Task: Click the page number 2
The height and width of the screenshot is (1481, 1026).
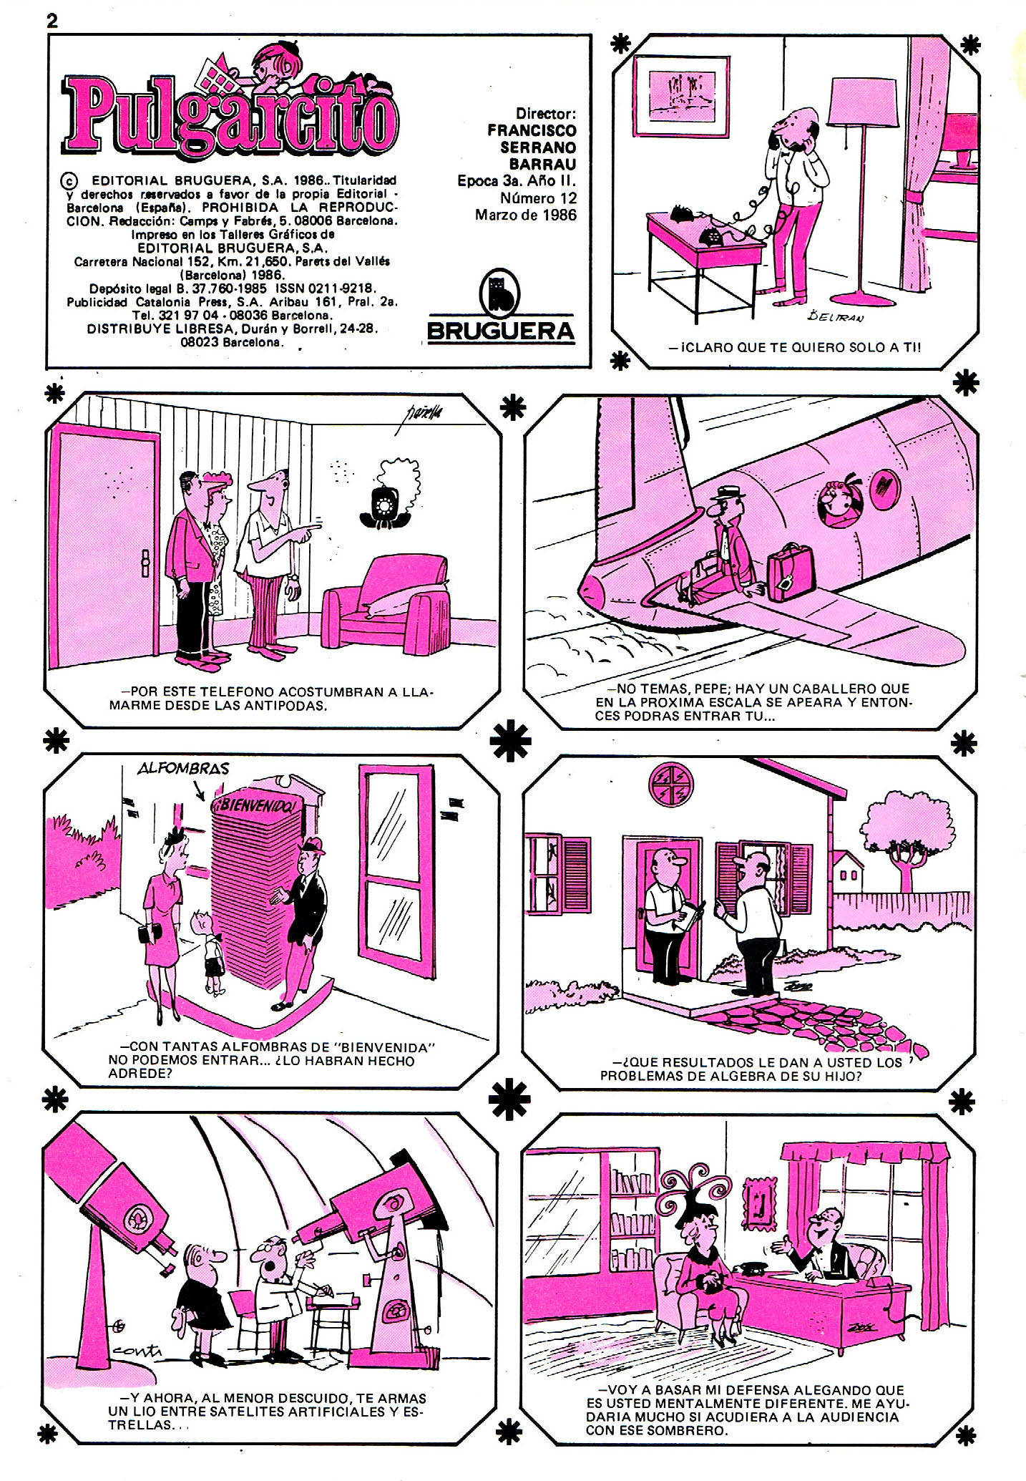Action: tap(52, 20)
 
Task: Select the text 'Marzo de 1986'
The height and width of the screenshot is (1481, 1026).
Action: tap(525, 214)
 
